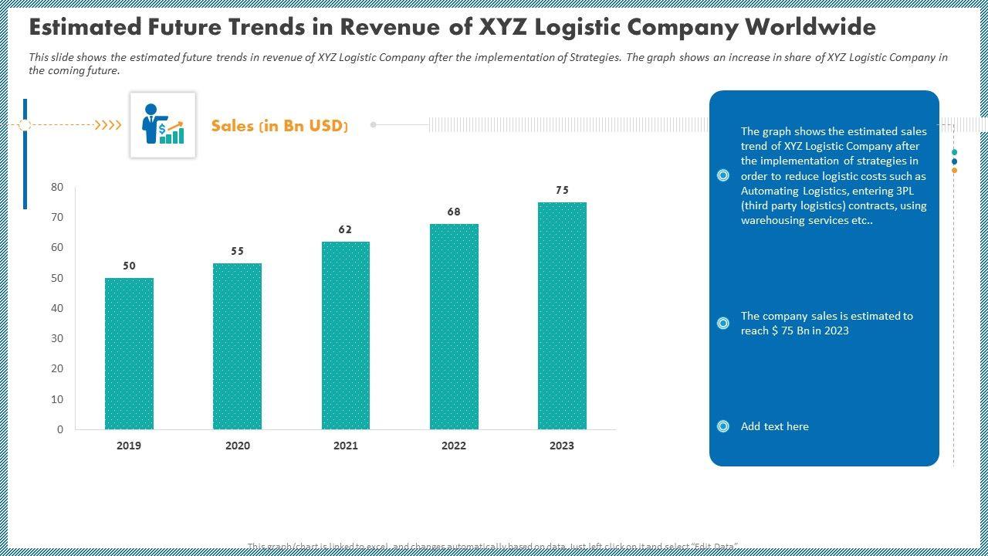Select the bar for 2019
129,354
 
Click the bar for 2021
346,335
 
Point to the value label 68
454,212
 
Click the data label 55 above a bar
237,251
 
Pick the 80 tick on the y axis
57,187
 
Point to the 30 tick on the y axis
57,338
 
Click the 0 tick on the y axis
60,429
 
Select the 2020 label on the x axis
237,446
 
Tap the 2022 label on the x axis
454,446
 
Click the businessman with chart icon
163,124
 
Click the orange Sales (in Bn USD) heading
279,126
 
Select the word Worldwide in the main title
810,27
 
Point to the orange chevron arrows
108,124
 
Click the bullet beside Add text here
723,426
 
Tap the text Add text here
774,426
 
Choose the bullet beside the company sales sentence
723,323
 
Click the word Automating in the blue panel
770,191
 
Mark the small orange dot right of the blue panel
955,170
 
